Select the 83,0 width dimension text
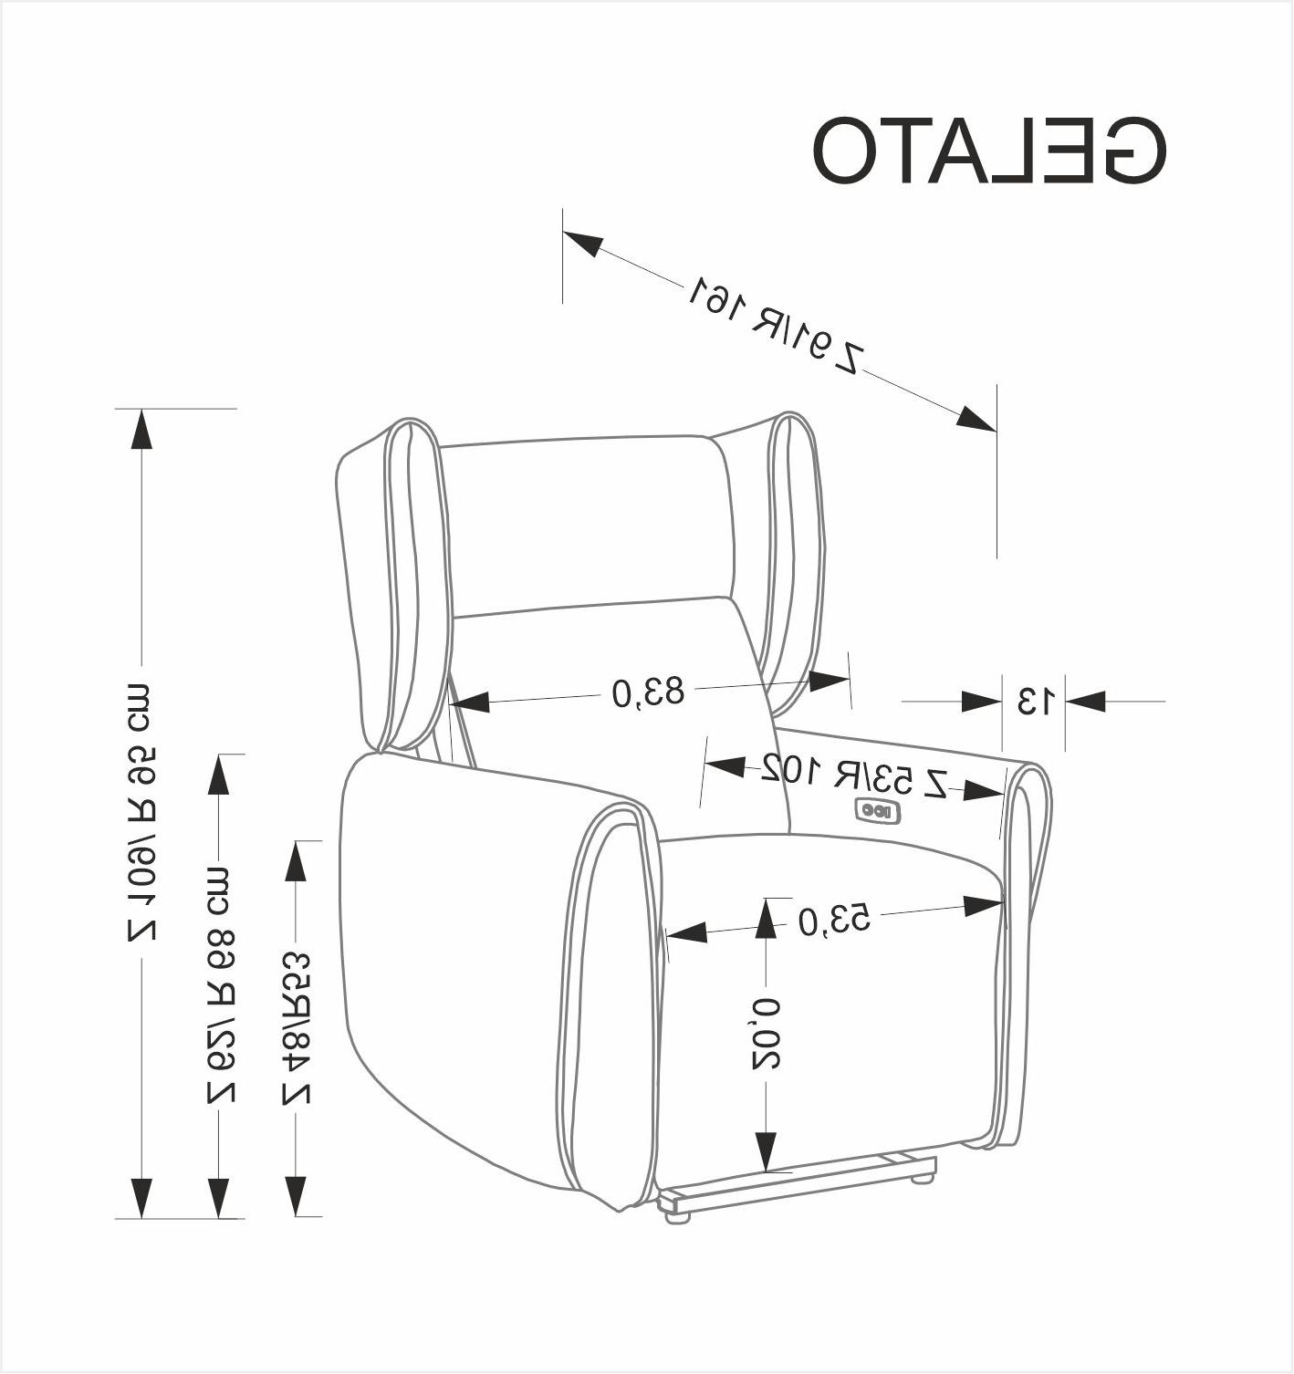[x=648, y=692]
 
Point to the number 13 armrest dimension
[x=1034, y=702]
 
